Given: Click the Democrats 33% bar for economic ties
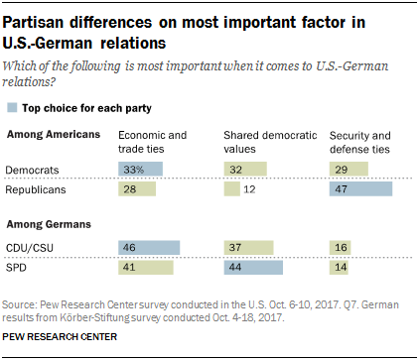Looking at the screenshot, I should point(140,171).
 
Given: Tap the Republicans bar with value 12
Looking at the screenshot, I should point(231,188).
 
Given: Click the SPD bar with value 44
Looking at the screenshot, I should point(252,267).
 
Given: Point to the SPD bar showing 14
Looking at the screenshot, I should point(340,267).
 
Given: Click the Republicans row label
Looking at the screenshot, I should point(37,188).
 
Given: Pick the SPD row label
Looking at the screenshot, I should point(19,267).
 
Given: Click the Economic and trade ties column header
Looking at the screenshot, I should point(149,139).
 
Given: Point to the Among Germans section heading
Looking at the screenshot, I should point(46,223).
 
